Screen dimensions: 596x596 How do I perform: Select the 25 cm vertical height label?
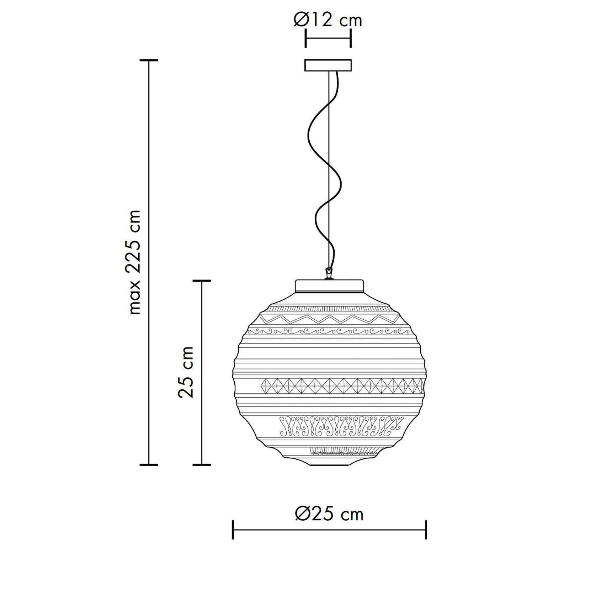(186, 372)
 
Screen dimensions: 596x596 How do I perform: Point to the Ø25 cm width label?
(329, 514)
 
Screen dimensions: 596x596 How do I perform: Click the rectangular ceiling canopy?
(328, 65)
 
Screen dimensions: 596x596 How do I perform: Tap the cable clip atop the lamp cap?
(329, 274)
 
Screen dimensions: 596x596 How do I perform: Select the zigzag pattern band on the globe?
(328, 319)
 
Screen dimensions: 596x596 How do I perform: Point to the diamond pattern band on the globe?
(342, 386)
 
